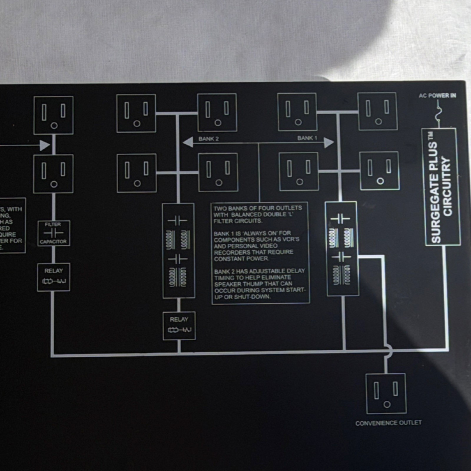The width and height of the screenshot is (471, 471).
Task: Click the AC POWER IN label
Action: tap(437, 96)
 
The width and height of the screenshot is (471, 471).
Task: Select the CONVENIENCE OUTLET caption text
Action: tap(388, 423)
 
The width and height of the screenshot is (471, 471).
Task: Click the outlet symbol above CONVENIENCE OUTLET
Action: tap(386, 394)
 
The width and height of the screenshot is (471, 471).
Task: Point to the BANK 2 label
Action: tap(208, 139)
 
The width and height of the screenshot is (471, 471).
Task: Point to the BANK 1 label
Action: tap(307, 138)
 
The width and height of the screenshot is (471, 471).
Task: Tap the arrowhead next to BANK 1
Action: tap(329, 143)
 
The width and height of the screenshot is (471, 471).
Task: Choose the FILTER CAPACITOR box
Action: tap(54, 233)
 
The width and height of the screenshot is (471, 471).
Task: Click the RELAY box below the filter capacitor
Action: tap(54, 277)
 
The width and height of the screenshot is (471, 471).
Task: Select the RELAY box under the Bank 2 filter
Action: tap(179, 326)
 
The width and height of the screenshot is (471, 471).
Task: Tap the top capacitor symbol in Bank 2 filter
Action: tap(178, 220)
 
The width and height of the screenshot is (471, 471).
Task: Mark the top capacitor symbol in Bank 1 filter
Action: tap(340, 219)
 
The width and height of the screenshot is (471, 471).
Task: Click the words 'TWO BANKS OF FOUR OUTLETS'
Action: tap(258, 208)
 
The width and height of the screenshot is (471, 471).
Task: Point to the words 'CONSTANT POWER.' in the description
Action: tap(241, 259)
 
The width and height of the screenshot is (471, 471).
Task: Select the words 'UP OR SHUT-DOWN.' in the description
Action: tap(242, 297)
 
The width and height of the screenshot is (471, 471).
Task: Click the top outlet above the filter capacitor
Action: tap(54, 115)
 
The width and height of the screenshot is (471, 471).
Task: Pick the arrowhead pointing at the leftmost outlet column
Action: tap(45, 145)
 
